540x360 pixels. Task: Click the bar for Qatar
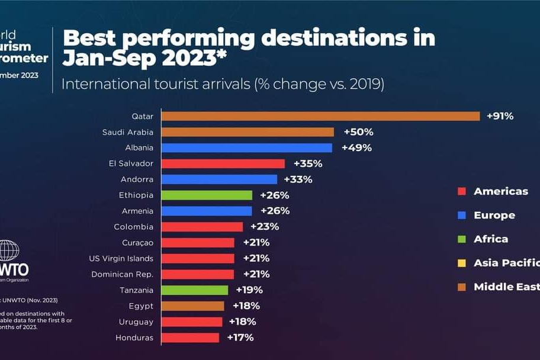click(x=320, y=116)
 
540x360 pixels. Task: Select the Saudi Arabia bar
click(x=247, y=132)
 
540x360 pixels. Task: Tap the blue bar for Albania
click(x=246, y=147)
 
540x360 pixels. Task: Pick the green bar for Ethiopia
click(x=207, y=195)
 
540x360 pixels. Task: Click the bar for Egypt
click(x=192, y=306)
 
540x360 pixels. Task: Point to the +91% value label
click(x=500, y=116)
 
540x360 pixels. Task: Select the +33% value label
click(x=298, y=179)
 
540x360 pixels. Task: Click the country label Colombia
click(x=133, y=227)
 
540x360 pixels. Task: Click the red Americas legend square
click(x=462, y=191)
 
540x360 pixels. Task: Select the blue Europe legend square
click(x=462, y=216)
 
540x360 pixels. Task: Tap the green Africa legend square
click(x=462, y=239)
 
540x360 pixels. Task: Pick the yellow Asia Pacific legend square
click(x=462, y=263)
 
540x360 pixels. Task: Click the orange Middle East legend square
click(x=462, y=287)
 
